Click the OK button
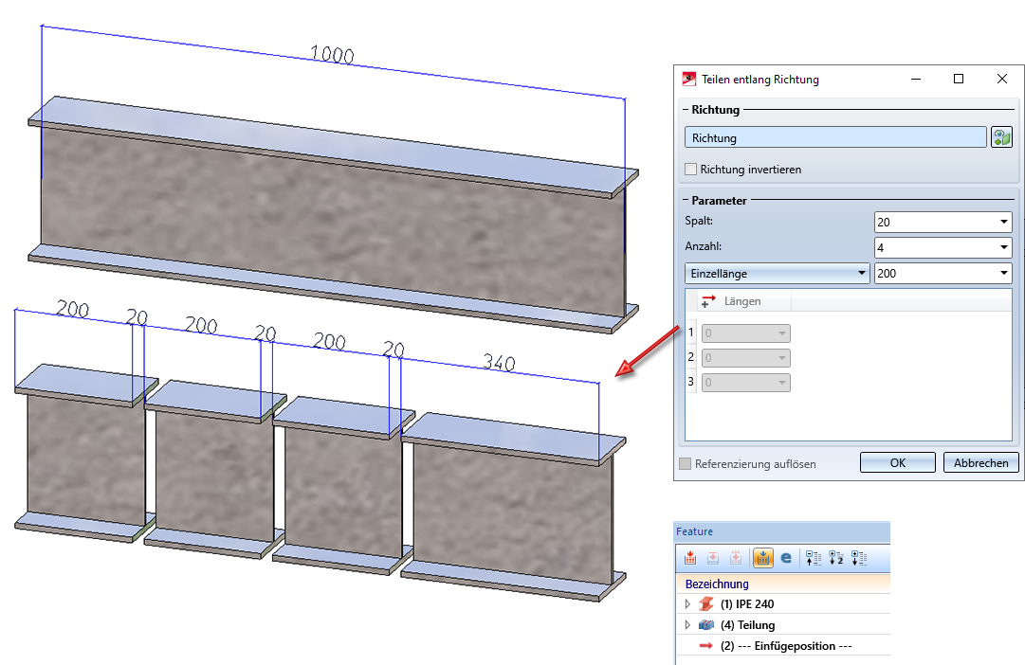[x=898, y=462]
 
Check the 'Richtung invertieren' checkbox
[x=690, y=170]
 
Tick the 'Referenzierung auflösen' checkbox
[x=686, y=464]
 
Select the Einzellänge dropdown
[x=777, y=273]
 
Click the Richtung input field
[x=835, y=138]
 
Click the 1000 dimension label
[x=332, y=54]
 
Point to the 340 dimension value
[x=500, y=362]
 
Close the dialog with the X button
[x=1001, y=79]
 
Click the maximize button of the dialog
[x=959, y=79]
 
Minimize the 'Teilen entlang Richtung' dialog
[x=916, y=79]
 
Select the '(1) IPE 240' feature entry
[x=747, y=604]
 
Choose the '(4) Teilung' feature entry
[x=748, y=625]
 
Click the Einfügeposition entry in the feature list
[x=786, y=646]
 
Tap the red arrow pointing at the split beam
[x=648, y=351]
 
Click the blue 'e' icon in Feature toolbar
[x=786, y=558]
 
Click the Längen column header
[x=741, y=301]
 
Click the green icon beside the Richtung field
[x=1001, y=137]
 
